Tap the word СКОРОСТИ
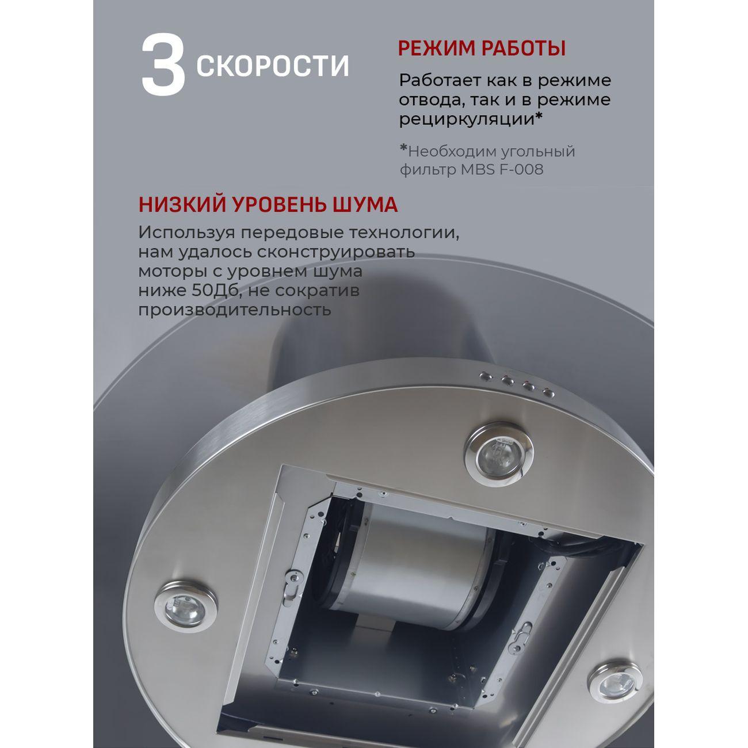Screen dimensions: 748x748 pyautogui.click(x=273, y=66)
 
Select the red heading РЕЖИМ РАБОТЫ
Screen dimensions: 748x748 pyautogui.click(x=482, y=48)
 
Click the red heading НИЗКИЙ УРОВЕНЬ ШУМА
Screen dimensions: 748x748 pyautogui.click(x=268, y=205)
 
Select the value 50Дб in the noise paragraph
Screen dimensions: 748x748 pyautogui.click(x=209, y=291)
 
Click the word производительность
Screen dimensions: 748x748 pyautogui.click(x=234, y=310)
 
